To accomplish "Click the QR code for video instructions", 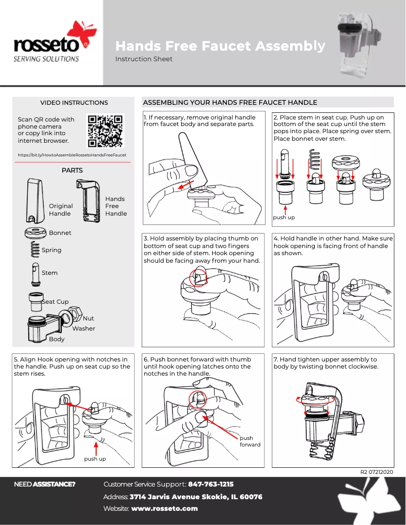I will (105, 131).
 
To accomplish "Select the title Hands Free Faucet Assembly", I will (220, 46).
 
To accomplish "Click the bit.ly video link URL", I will (72, 155).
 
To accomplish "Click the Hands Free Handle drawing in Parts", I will (88, 200).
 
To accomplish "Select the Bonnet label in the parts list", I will (60, 233).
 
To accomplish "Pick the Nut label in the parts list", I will (88, 318).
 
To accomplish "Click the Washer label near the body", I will (84, 329).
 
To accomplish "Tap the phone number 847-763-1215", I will (211, 484).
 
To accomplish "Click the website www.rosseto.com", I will (164, 508).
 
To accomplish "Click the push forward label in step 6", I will (250, 441).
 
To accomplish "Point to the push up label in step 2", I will (284, 217).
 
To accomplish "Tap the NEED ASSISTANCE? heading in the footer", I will (45, 484).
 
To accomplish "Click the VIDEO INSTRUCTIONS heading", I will (74, 103).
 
